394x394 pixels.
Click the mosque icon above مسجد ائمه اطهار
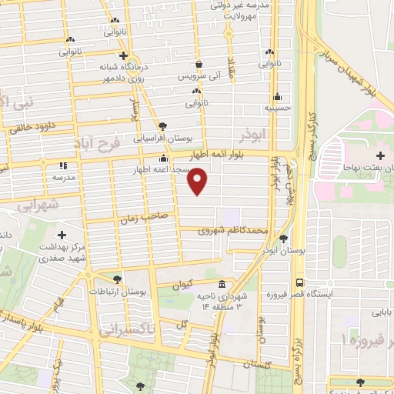(x=162, y=159)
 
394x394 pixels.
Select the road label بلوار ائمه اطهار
(x=229, y=155)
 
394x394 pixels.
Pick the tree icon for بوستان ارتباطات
(x=116, y=279)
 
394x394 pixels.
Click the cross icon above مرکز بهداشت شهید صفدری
(x=62, y=234)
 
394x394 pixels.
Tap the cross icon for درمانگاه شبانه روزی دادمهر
(x=123, y=55)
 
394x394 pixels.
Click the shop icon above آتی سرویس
(x=199, y=64)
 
